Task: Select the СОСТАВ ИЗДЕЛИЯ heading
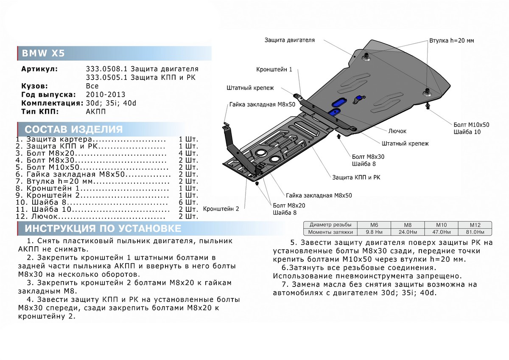coord(73,129)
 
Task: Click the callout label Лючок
coord(397,131)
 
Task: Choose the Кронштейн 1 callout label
coord(274,69)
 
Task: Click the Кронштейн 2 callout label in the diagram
coord(221,209)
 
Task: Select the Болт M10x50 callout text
coord(471,125)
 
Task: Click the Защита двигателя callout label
coord(290,40)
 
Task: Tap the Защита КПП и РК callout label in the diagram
coord(356,177)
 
